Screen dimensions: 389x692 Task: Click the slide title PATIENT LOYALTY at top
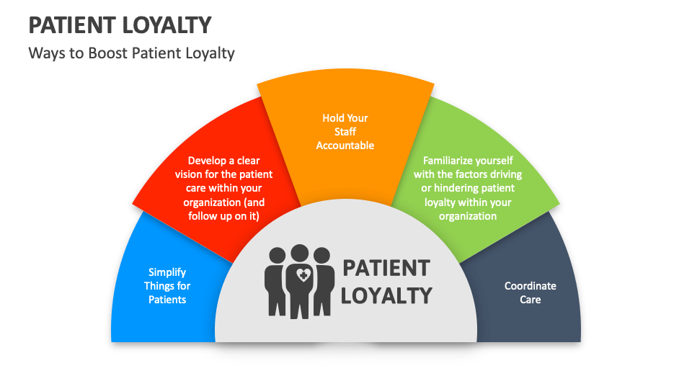(x=120, y=25)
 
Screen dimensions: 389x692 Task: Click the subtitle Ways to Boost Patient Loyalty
(x=131, y=53)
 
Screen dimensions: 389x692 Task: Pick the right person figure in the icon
(x=324, y=282)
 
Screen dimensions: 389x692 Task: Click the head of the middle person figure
(x=298, y=254)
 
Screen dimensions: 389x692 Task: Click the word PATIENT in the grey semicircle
(x=386, y=268)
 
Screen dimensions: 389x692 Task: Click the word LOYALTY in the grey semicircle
(x=386, y=295)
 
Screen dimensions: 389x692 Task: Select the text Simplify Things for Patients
(x=167, y=286)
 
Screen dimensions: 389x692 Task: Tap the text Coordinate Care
(x=530, y=292)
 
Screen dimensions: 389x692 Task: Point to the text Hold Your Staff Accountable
(x=345, y=132)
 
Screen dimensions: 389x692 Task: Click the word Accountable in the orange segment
(x=345, y=146)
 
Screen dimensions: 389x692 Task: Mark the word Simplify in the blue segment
(x=167, y=272)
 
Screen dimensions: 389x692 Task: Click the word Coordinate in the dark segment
(x=530, y=286)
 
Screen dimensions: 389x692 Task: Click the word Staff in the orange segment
(x=345, y=132)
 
